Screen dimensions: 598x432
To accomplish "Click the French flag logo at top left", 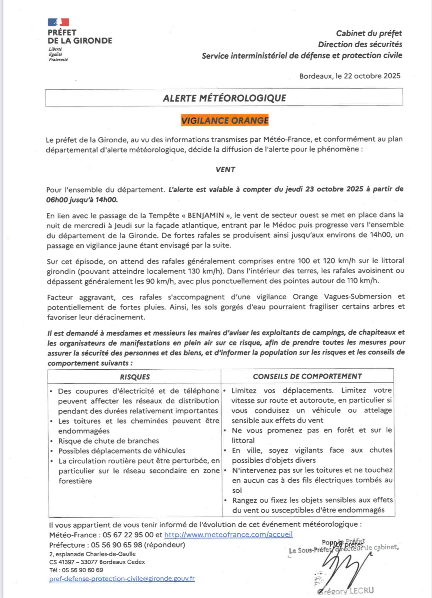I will click(58, 22).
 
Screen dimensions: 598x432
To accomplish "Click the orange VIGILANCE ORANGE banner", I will click(225, 120).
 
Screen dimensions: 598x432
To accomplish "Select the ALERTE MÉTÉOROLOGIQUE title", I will click(224, 98).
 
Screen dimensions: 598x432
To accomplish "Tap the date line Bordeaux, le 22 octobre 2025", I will click(350, 76).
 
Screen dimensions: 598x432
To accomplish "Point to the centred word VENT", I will click(225, 170).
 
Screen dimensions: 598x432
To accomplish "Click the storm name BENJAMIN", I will click(206, 215).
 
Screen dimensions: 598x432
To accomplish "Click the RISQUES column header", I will click(135, 377).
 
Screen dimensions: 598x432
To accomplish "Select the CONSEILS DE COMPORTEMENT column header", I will click(307, 376).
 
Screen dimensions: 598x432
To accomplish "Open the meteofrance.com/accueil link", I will click(228, 534).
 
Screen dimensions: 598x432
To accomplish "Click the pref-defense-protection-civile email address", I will click(122, 579).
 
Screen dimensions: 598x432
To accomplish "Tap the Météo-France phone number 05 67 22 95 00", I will click(128, 535).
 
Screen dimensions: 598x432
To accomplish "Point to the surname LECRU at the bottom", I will click(361, 591).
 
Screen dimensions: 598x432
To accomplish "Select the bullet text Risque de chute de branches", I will click(109, 441).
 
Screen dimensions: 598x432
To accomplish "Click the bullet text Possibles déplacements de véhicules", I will click(122, 451).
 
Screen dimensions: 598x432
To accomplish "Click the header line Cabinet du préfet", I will click(369, 33).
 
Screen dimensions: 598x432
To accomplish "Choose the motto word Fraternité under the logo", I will click(58, 60).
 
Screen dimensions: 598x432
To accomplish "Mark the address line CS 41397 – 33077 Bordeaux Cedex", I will click(97, 562).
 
